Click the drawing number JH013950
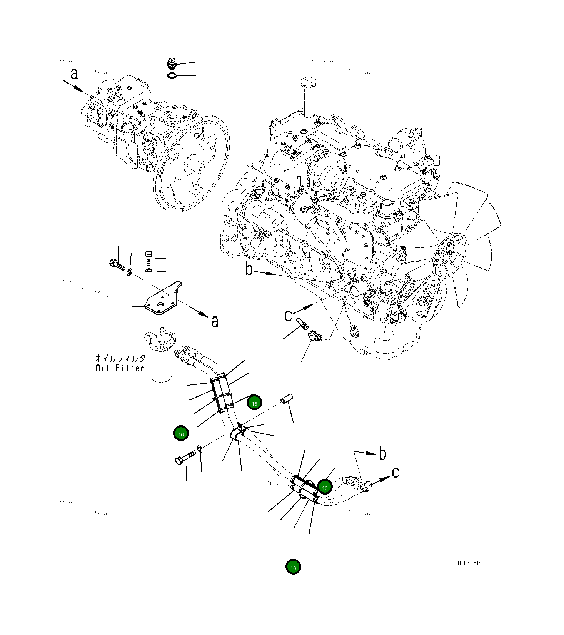tap(466, 563)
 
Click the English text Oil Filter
tap(120, 368)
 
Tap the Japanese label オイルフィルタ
tap(120, 358)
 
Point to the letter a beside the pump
tap(74, 73)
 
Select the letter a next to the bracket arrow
tap(215, 321)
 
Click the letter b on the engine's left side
tap(249, 269)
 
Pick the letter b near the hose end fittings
tap(382, 453)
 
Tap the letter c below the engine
tap(288, 316)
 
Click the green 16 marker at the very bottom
tap(293, 567)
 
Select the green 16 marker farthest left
tap(181, 433)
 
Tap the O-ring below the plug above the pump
tap(172, 76)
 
